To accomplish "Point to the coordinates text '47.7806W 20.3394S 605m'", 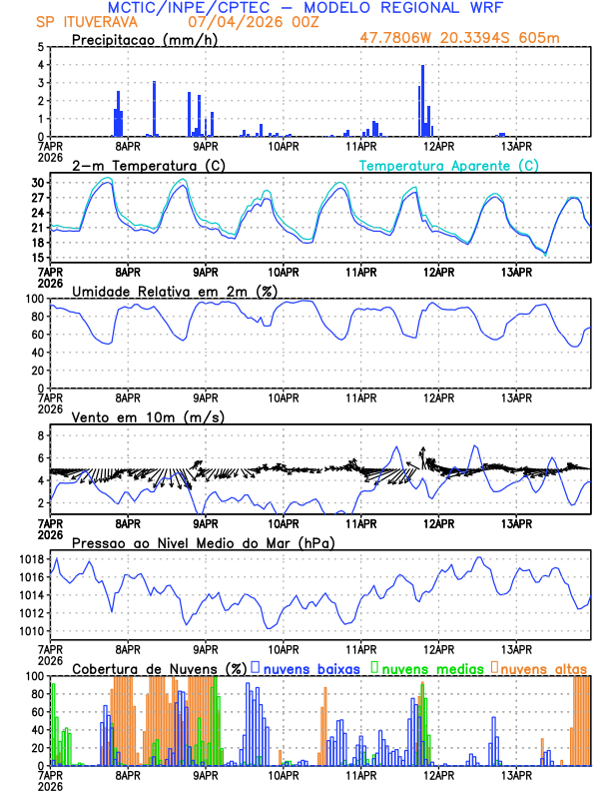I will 473,40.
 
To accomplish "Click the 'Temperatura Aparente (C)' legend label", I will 449,165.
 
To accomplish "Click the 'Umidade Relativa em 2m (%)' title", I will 174,291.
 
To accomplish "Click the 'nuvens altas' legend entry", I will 543,668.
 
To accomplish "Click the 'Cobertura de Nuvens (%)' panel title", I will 159,668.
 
